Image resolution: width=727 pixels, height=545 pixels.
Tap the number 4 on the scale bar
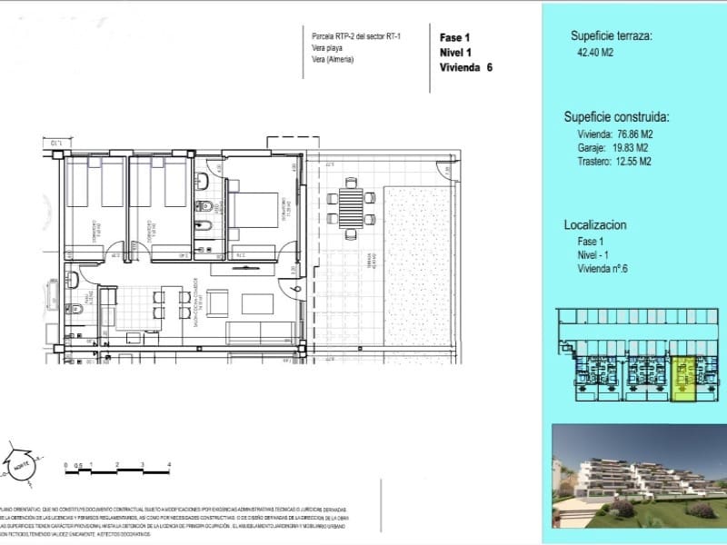click(170, 464)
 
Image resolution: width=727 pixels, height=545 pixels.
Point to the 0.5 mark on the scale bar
click(79, 464)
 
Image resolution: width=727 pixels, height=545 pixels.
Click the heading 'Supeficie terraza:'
click(612, 36)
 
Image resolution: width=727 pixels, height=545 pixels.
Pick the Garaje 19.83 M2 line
click(612, 148)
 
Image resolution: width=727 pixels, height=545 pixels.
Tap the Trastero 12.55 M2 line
click(615, 162)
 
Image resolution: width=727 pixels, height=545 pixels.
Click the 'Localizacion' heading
click(596, 224)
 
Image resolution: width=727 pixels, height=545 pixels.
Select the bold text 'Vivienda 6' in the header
click(465, 67)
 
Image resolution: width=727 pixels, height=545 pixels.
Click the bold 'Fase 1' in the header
click(454, 38)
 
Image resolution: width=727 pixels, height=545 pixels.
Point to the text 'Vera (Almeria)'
click(333, 59)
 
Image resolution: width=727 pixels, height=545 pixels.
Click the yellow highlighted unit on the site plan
click(682, 378)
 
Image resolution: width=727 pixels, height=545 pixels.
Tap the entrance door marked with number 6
click(296, 289)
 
